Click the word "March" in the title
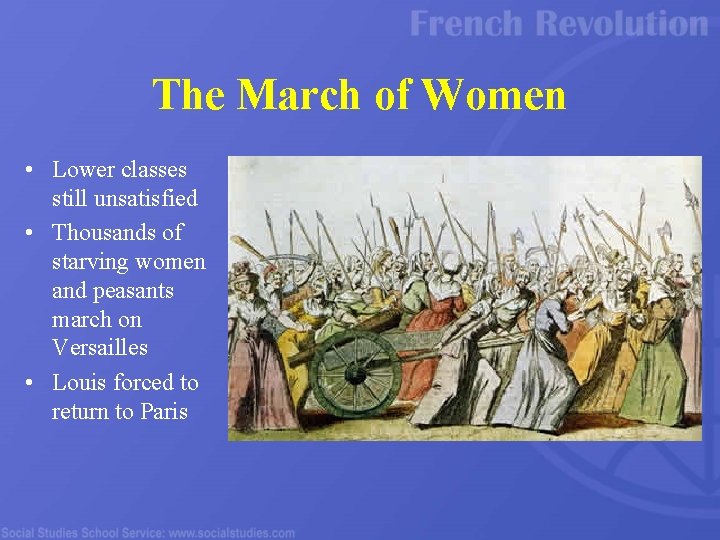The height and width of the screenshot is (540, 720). (299, 95)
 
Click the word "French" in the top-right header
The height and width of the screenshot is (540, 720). (467, 24)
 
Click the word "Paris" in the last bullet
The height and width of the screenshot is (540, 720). (163, 411)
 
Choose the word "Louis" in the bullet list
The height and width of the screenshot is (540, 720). (79, 383)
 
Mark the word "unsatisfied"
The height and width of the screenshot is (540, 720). (125, 199)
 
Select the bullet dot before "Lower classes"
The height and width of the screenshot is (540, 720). (33, 171)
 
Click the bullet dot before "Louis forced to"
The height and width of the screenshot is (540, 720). (33, 384)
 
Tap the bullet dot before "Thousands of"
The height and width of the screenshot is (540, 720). (33, 234)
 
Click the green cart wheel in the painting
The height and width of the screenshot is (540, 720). (354, 372)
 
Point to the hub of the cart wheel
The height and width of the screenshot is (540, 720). (354, 374)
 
